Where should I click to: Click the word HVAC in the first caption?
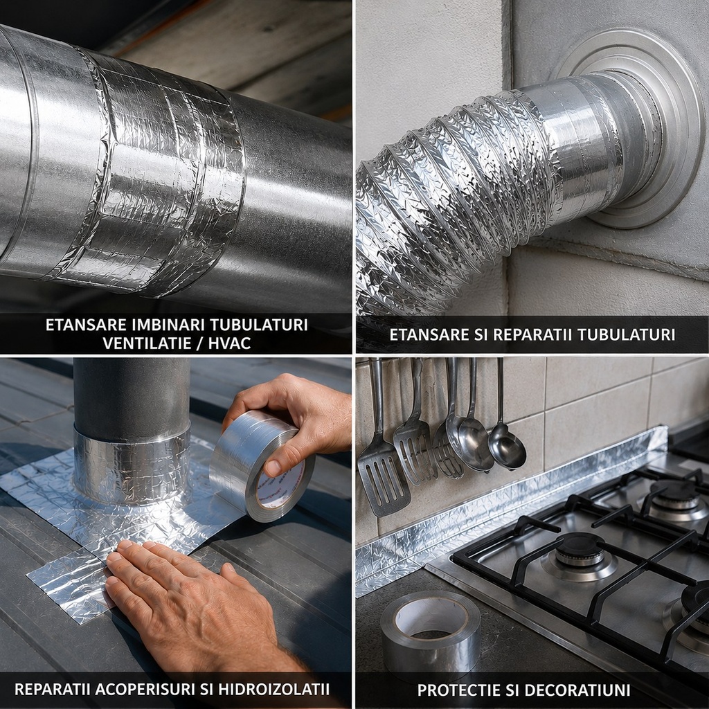[229, 343]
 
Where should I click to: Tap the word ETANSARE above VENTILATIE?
[86, 325]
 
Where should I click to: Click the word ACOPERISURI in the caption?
[144, 690]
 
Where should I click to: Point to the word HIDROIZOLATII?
[273, 690]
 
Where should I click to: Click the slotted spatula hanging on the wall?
[382, 470]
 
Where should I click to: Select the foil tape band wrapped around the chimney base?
[131, 466]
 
